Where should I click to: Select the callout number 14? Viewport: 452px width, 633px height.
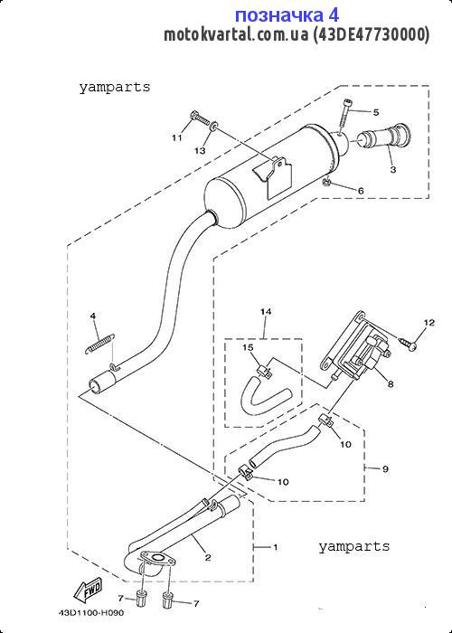[266, 312]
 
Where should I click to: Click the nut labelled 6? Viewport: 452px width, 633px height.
[327, 183]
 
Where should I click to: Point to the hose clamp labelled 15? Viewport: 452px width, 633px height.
[263, 370]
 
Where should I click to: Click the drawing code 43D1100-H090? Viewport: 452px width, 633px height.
[91, 613]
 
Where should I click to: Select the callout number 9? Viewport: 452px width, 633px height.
[385, 469]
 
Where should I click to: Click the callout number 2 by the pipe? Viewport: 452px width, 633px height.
[208, 558]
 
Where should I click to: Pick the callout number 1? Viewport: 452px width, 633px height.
[275, 547]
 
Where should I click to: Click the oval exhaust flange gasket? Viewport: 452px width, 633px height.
[158, 559]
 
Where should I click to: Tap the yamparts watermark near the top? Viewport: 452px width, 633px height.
[115, 87]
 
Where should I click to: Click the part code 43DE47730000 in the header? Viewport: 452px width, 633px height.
[372, 35]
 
